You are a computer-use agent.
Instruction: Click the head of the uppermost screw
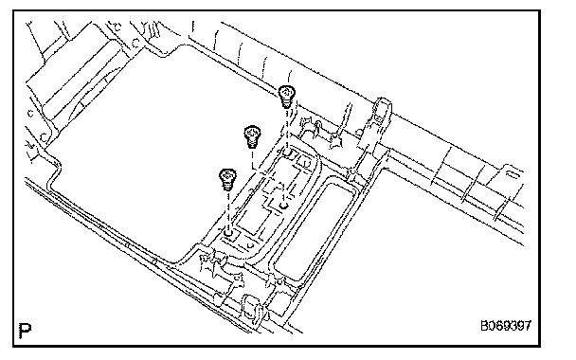(286, 92)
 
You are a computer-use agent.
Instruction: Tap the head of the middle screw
(252, 132)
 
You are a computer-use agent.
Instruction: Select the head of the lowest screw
(227, 175)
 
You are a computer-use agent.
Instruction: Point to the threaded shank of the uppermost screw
(286, 103)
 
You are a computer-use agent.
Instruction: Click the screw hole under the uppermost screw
(287, 152)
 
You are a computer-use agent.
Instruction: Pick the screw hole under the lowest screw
(228, 232)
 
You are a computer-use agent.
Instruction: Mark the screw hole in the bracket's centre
(283, 207)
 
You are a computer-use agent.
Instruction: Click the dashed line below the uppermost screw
(287, 128)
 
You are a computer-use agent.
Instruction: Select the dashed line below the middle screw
(252, 159)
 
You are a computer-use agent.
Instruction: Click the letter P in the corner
(25, 331)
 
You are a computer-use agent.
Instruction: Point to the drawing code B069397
(506, 326)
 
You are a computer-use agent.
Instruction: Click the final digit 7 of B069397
(528, 326)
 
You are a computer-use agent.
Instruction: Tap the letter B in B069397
(484, 326)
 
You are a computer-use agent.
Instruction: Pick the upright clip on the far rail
(381, 110)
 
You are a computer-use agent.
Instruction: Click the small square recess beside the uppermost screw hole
(304, 160)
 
